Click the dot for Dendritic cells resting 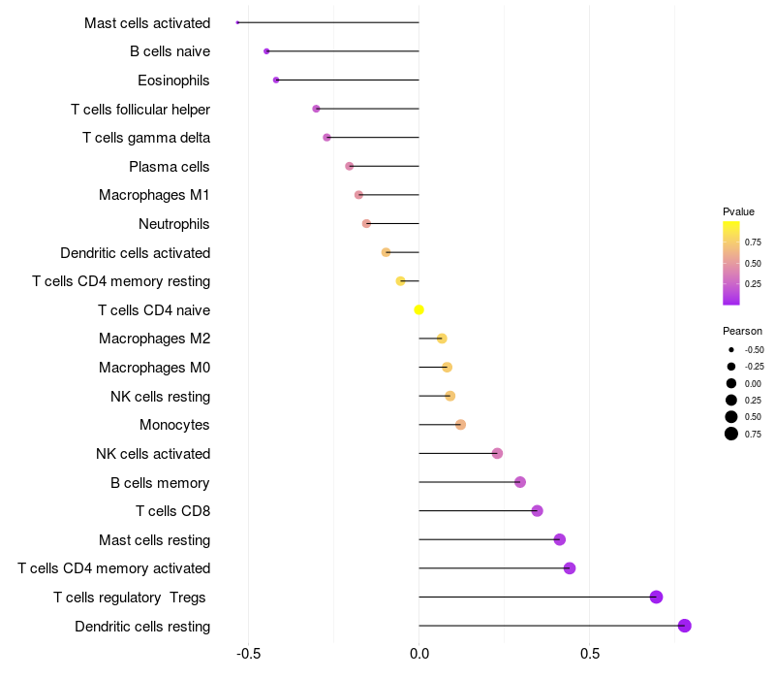coord(685,626)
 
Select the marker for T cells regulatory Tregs coord(656,597)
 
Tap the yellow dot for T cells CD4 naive coord(418,309)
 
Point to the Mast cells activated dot coord(237,22)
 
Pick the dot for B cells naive coord(266,50)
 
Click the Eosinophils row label coord(173,80)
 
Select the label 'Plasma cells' coord(170,166)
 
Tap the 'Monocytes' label coord(174,425)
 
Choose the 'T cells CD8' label coord(172,511)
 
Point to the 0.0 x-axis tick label coord(418,654)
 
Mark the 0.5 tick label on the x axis coord(589,654)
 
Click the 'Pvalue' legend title coord(738,211)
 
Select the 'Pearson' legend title coord(742,331)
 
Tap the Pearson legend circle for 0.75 coord(730,434)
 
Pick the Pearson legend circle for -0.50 coord(730,349)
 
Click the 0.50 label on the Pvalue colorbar coord(752,263)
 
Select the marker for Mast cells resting coord(559,539)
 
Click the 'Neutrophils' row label coord(174,224)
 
